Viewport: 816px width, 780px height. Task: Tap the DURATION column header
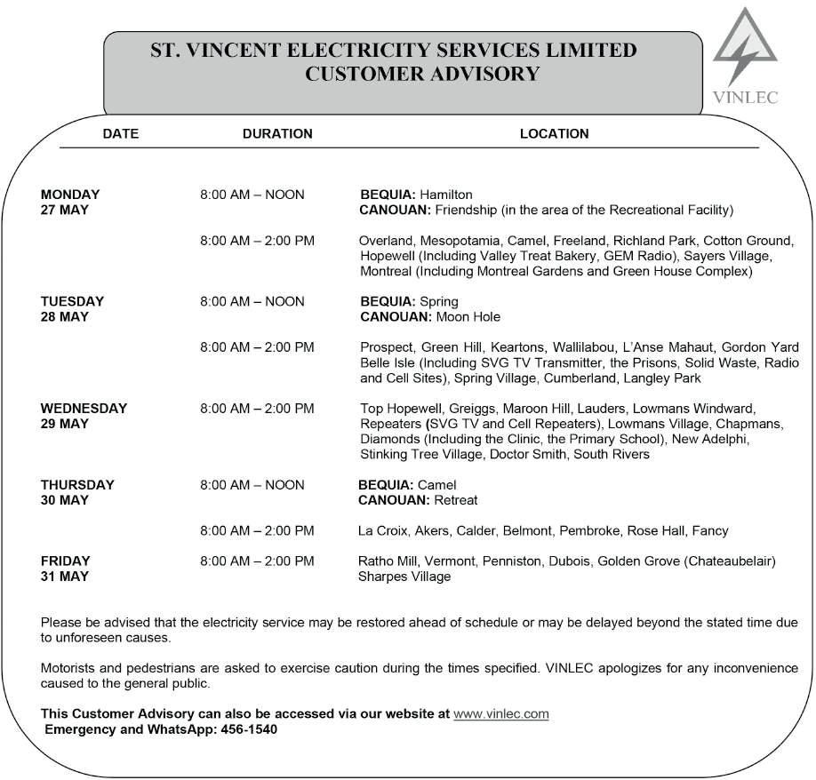point(277,134)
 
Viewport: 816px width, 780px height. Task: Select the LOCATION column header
point(554,134)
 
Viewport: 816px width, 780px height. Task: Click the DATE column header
point(121,134)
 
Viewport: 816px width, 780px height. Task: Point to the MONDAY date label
point(70,195)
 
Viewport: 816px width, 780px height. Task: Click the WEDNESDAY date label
point(84,409)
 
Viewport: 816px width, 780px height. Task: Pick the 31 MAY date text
point(65,577)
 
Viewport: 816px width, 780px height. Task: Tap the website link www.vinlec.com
point(500,713)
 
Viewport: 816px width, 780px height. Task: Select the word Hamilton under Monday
point(445,195)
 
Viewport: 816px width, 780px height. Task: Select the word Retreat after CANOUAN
point(456,501)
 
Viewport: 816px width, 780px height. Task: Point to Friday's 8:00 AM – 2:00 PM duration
point(257,561)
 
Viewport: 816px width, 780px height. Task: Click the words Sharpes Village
point(404,577)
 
